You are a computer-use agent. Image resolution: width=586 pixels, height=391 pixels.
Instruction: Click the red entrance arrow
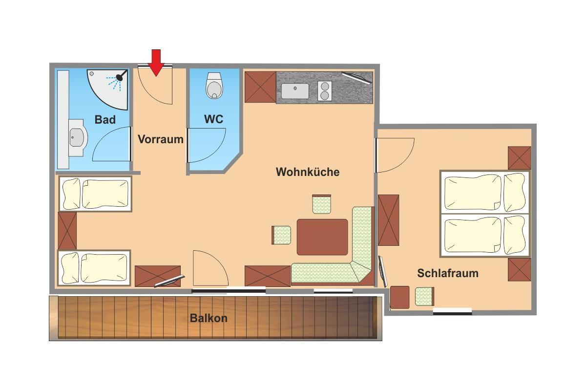tap(156, 63)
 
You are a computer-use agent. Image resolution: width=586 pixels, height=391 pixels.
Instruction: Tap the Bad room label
tap(105, 120)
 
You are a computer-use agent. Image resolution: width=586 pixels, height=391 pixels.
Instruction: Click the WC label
tap(214, 119)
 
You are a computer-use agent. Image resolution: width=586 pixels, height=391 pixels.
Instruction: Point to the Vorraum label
tap(161, 139)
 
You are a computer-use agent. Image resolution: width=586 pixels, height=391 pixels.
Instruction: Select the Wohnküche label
tap(308, 172)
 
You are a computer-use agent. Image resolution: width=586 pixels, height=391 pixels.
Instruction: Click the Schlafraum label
tap(448, 273)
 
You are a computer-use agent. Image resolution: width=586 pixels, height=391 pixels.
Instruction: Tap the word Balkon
tap(209, 318)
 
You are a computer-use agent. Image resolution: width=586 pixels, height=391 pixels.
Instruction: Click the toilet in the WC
tap(214, 86)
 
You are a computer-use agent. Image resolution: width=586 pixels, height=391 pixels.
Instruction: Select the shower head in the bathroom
tap(120, 77)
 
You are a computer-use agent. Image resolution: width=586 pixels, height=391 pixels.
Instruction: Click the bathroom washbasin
tap(77, 138)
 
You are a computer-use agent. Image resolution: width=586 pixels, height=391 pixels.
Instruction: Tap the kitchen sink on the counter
tap(295, 91)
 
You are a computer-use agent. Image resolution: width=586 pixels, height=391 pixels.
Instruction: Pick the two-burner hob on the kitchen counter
tap(325, 91)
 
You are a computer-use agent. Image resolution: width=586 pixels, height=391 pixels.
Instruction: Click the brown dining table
tap(322, 237)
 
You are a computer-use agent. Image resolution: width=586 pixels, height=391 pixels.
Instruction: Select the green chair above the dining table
tap(321, 204)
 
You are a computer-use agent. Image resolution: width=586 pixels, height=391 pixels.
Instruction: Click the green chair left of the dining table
tap(281, 235)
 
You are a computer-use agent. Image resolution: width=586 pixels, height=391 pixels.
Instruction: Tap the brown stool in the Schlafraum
tap(400, 297)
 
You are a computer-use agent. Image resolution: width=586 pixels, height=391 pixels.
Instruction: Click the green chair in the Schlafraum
tap(424, 297)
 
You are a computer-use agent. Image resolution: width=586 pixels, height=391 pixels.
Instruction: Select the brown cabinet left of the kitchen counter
tap(260, 87)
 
